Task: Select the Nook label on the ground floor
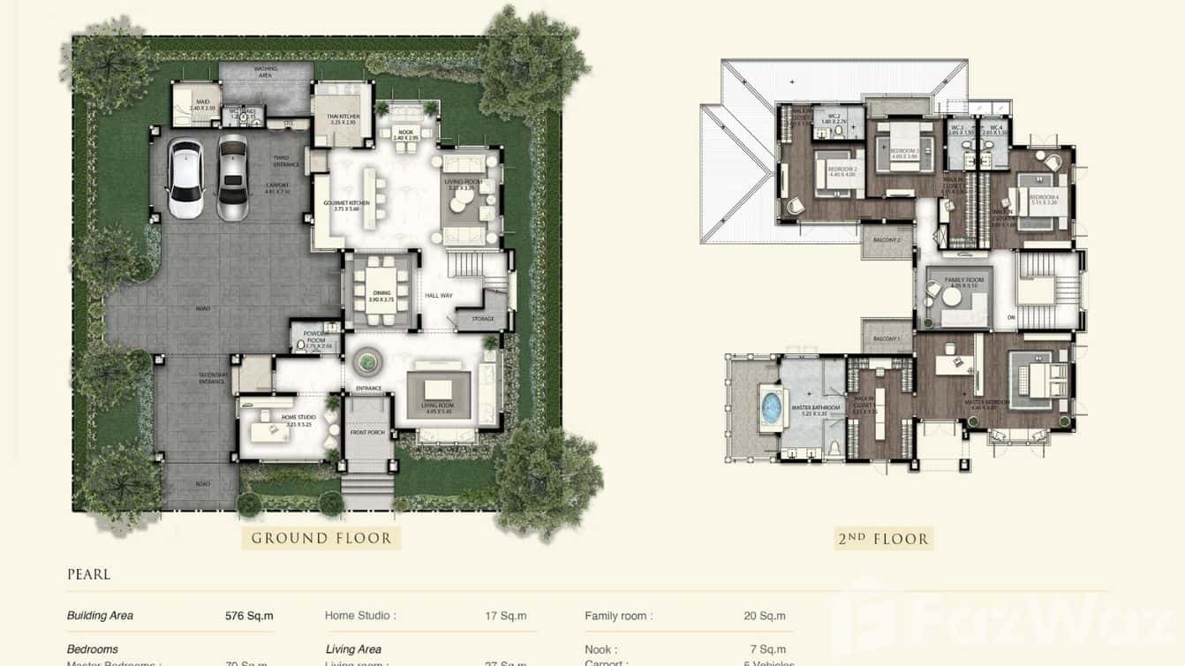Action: [x=404, y=134]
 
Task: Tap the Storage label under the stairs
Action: [x=483, y=320]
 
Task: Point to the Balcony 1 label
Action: [x=886, y=339]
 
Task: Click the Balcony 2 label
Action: [x=886, y=239]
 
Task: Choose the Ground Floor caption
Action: [x=321, y=538]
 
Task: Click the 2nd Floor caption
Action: [x=883, y=538]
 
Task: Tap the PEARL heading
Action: [x=88, y=575]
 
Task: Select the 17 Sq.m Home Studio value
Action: [x=505, y=616]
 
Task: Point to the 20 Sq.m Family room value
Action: [x=764, y=616]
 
